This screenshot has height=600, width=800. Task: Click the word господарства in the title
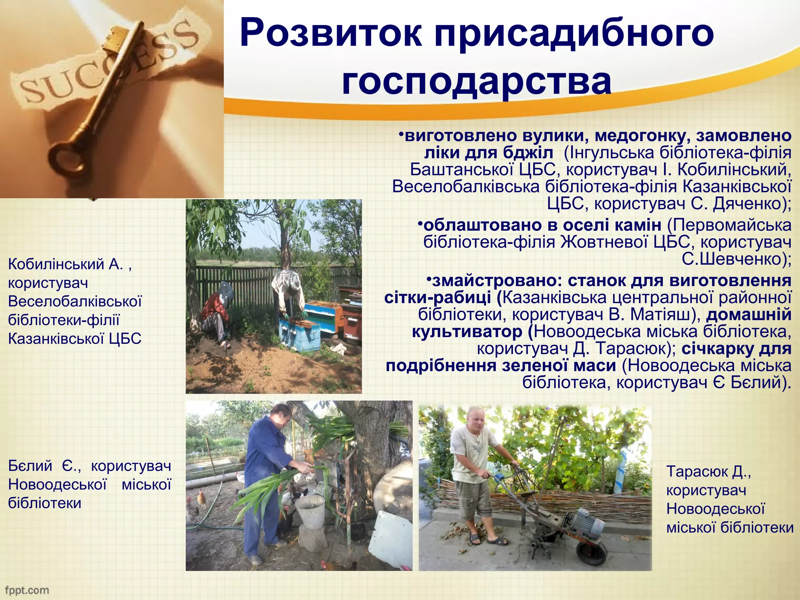477,82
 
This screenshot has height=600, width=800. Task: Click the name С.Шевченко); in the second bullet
737,259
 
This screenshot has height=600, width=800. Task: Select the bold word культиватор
467,332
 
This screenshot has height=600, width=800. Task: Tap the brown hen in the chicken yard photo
202,498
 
